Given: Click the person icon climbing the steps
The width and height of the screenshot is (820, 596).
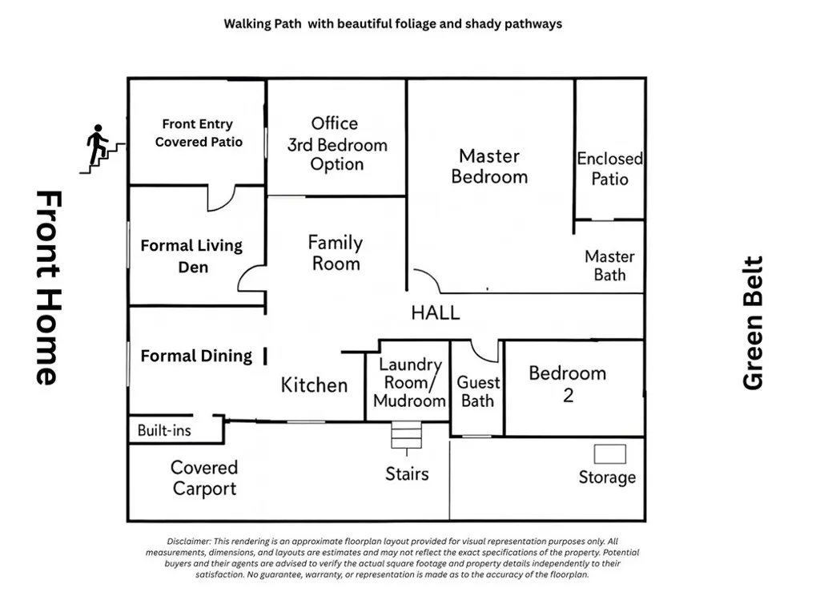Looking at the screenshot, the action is [97, 144].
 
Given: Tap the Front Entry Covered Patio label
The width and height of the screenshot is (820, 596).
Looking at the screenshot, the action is [199, 133].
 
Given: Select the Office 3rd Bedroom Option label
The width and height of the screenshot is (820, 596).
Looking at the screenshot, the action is [336, 144].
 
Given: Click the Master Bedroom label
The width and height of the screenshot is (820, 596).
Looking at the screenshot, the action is [489, 167].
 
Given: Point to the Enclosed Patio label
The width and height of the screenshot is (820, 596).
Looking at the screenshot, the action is [609, 168].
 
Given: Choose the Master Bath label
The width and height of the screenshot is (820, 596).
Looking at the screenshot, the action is [609, 265].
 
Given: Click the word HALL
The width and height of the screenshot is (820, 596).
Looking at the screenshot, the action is [435, 313].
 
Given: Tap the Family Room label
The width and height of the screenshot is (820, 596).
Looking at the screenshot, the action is [336, 252].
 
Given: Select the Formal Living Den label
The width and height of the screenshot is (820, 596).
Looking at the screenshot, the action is [192, 256].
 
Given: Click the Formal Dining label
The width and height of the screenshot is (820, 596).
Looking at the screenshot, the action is [196, 356].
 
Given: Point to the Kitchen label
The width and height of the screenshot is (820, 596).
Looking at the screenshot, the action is [314, 385].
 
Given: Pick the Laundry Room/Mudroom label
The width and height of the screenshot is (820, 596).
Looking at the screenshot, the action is [409, 382].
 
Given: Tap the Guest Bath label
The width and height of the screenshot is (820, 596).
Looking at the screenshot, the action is [478, 392].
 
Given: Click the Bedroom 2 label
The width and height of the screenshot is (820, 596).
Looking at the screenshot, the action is [568, 384].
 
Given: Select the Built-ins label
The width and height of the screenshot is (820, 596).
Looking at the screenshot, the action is [164, 431].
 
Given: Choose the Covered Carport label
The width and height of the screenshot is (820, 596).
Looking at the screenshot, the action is [204, 477].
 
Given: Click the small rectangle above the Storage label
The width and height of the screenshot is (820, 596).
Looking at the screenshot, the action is [609, 454].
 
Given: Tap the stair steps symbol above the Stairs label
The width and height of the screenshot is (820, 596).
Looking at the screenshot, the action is [406, 435].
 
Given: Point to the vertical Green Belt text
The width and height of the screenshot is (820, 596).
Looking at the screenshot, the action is [753, 323].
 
